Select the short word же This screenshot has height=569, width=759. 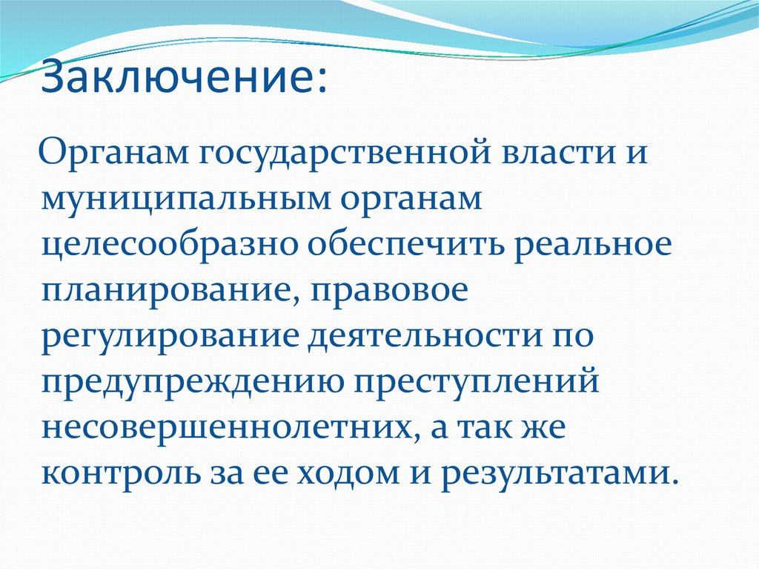click(547, 429)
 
